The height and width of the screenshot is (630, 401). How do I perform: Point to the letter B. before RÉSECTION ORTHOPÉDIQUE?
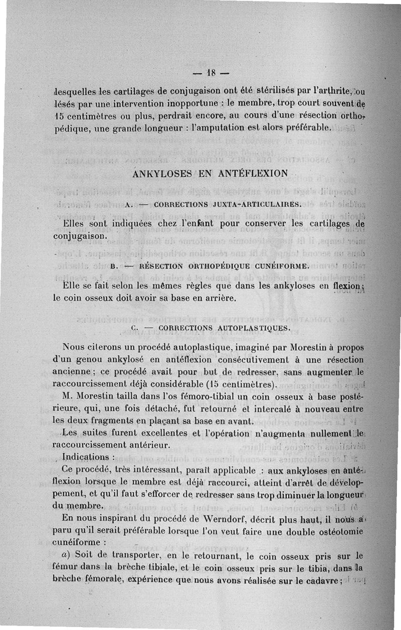click(111, 266)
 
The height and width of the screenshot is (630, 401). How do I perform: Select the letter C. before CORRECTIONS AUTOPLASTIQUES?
click(133, 328)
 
